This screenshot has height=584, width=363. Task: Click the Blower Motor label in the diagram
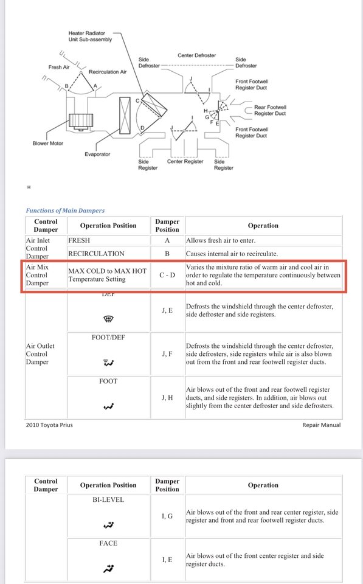click(47, 144)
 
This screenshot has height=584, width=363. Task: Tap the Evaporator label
click(97, 154)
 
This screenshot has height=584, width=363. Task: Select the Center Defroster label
click(196, 55)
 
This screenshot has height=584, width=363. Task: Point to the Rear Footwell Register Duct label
click(270, 110)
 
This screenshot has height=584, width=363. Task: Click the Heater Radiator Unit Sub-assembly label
click(90, 36)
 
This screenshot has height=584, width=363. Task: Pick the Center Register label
click(185, 162)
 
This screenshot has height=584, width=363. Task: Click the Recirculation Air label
click(108, 72)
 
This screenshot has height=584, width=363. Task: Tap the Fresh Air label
click(59, 67)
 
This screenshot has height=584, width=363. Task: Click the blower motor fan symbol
click(81, 122)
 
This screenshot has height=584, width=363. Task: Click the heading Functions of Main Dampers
click(65, 210)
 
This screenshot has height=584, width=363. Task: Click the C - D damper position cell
click(167, 275)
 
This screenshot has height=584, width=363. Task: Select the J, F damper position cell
click(167, 354)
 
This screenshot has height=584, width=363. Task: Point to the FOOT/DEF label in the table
click(108, 338)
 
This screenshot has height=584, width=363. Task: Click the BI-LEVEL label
click(108, 500)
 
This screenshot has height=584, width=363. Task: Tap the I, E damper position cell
click(167, 560)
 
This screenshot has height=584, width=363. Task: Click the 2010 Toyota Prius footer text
click(49, 425)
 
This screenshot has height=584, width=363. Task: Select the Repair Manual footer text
click(321, 425)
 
